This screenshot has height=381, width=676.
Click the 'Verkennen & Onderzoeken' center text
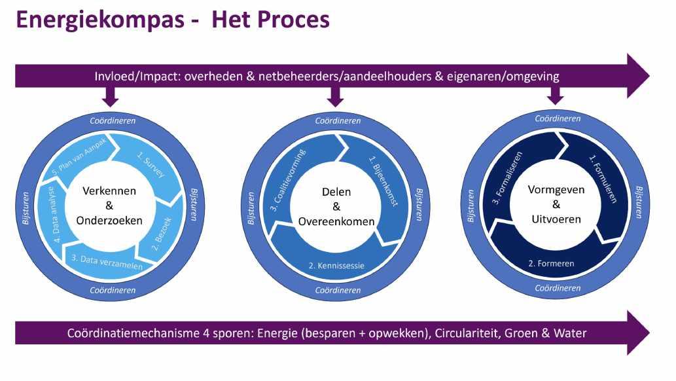109,206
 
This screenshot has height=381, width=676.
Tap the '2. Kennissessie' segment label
336,266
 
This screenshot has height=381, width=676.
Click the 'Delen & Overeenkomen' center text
336,207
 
